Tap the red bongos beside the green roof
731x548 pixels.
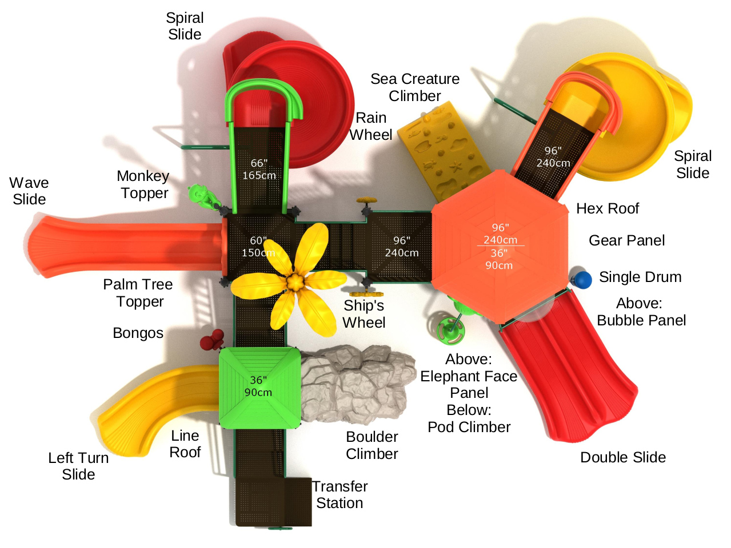210,340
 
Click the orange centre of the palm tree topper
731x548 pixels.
294,281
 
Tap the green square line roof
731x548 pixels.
259,388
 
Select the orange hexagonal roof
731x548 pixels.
499,245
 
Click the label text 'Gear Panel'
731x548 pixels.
626,240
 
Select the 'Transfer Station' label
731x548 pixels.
339,494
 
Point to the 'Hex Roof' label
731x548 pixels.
607,208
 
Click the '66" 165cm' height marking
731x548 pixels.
259,170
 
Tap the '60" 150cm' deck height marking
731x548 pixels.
258,247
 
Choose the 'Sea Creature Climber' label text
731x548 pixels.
414,87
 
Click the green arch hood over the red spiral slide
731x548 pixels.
263,94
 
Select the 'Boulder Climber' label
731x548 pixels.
372,445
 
